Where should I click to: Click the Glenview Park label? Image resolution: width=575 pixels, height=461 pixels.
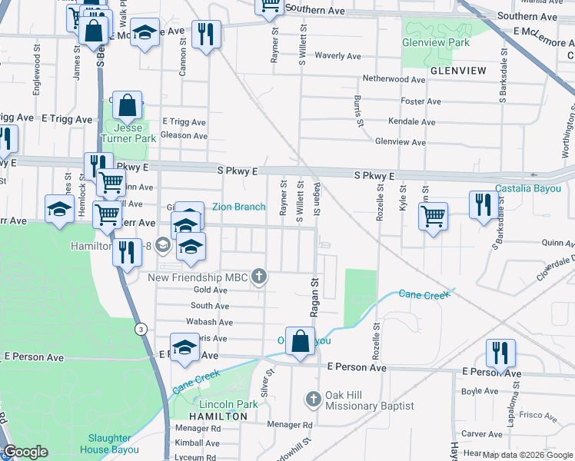[x=436, y=42]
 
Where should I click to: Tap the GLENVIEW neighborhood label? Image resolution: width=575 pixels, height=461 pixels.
[x=458, y=70]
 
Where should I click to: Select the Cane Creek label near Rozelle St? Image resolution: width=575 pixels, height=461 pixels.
[x=421, y=294]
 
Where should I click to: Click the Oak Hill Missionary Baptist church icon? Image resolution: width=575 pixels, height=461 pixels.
[x=313, y=399]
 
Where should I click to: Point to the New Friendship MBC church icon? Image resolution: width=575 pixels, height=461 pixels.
[x=260, y=276]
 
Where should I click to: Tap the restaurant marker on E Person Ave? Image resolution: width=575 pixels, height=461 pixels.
[x=500, y=353]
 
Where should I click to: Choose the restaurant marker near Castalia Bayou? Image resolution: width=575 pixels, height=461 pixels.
[x=483, y=204]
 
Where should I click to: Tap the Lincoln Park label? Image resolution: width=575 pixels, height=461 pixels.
[x=228, y=404]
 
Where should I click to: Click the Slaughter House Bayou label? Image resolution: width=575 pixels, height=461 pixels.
[x=108, y=444]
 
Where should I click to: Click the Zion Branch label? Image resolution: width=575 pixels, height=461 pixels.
[x=238, y=207]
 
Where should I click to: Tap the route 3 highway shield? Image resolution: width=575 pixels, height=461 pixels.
[x=141, y=329]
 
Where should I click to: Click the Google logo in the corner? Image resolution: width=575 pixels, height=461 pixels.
[x=25, y=452]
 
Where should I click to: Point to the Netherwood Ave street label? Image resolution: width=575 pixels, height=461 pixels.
[x=394, y=79]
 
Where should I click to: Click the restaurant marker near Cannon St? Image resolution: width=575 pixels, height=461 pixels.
[x=206, y=34]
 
